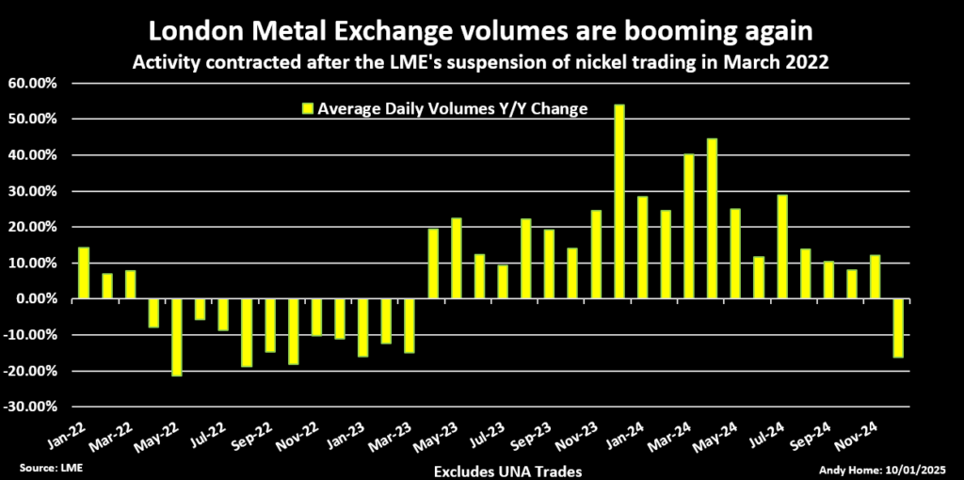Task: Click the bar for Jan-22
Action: pos(84,273)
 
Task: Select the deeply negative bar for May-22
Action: pos(176,337)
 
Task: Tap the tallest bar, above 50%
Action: pos(619,201)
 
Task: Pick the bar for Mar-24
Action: pos(689,227)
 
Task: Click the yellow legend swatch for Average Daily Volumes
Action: pos(306,109)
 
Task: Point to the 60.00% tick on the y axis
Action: pos(34,83)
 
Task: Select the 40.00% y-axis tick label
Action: pos(34,155)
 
